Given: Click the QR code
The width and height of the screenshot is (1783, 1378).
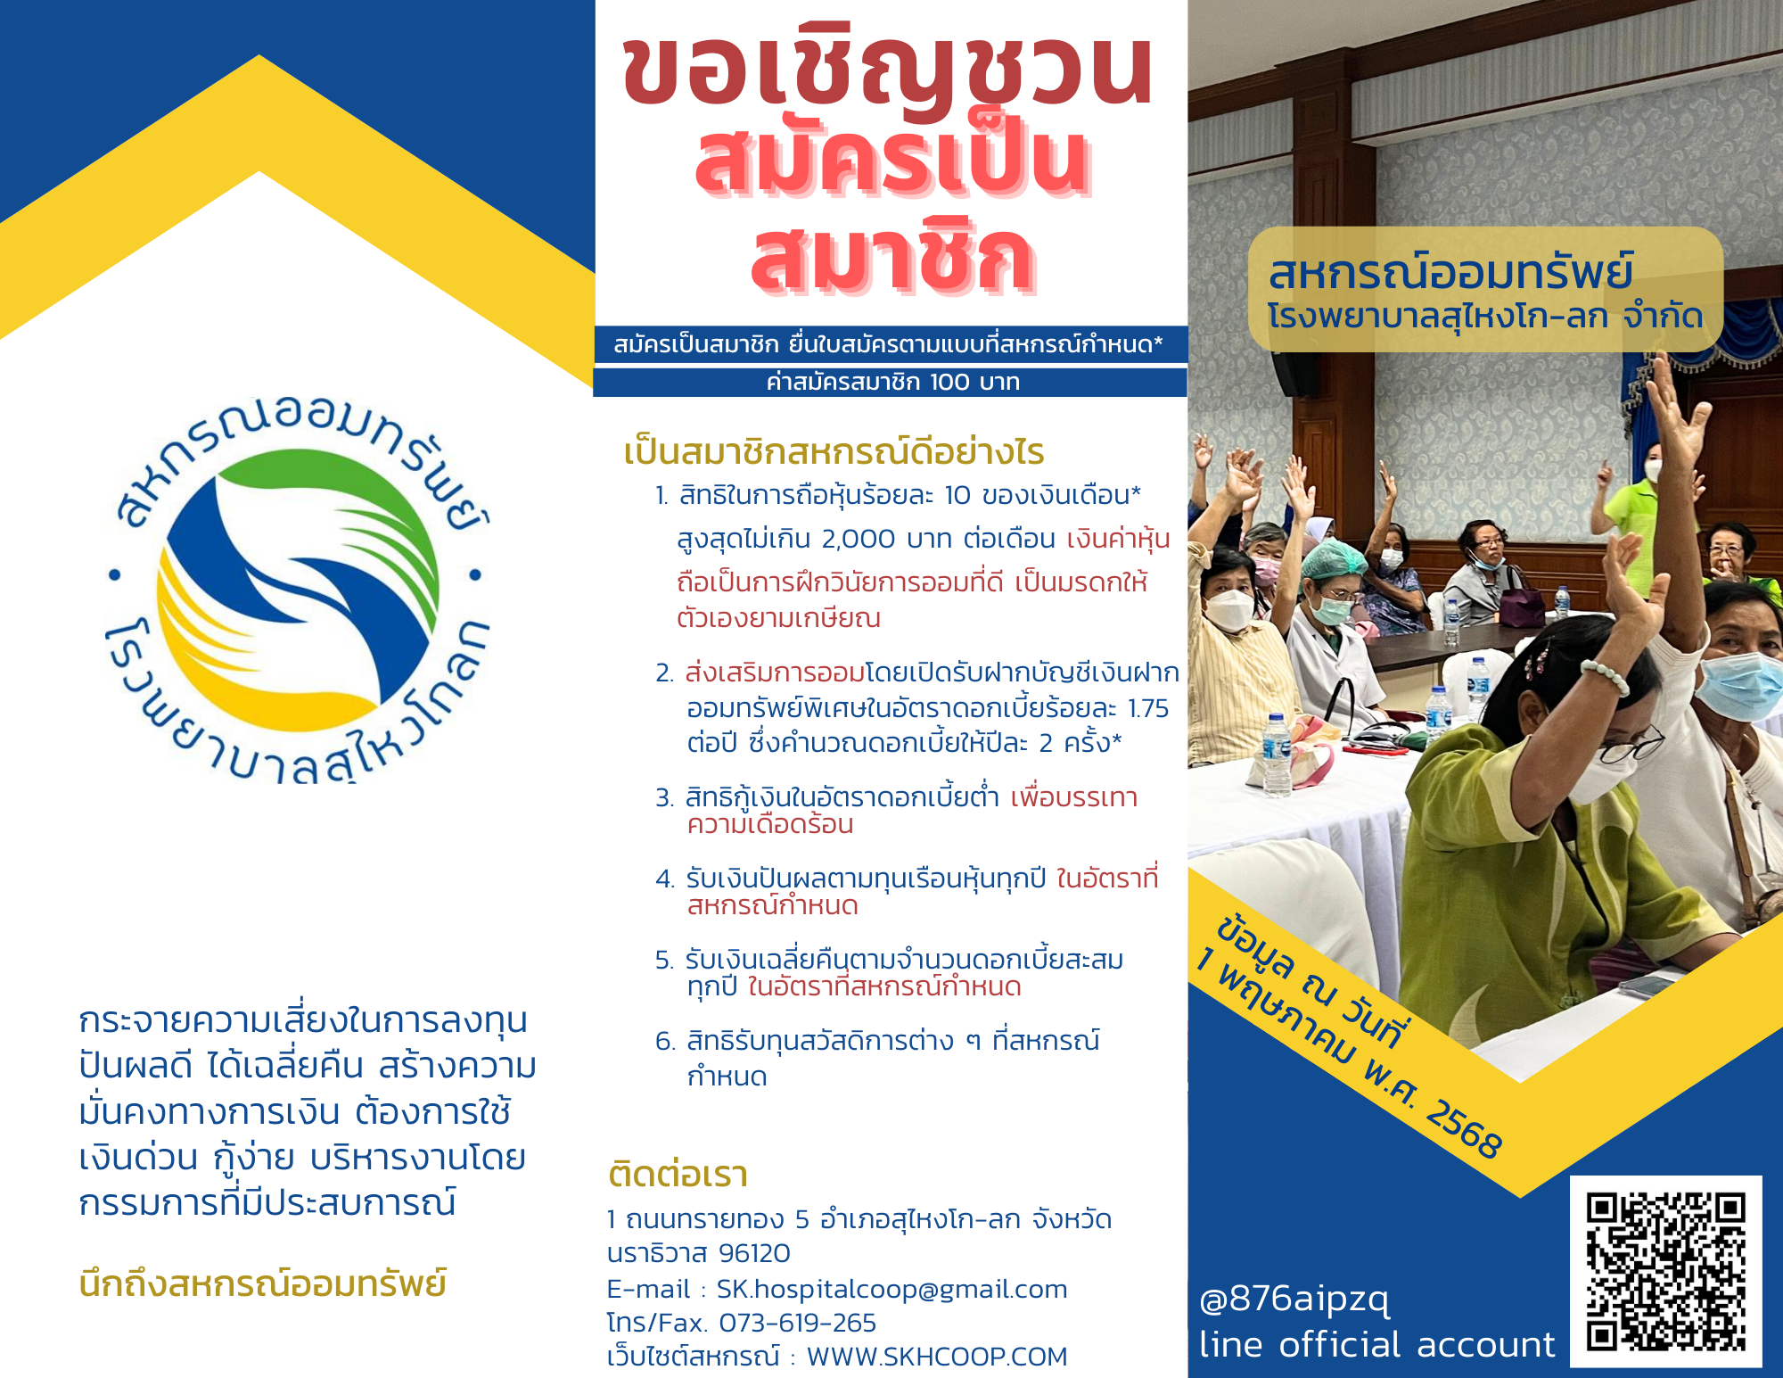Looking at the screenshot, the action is point(1665,1272).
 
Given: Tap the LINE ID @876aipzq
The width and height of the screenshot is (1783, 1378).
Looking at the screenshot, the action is point(1294,1300).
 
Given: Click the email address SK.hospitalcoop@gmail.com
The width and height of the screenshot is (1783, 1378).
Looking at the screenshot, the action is point(891,1289).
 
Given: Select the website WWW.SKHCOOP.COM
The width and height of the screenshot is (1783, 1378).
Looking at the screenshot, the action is point(937,1357).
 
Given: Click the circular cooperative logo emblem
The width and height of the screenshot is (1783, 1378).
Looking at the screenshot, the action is point(298,590).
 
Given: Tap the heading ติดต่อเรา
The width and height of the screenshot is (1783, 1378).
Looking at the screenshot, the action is point(678,1175).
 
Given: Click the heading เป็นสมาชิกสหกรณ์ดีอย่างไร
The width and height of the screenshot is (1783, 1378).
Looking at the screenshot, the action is point(834,452).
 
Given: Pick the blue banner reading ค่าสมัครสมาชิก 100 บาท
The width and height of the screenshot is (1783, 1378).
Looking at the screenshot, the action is point(891,383).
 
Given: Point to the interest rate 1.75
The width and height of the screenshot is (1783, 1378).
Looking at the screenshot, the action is point(1148,708).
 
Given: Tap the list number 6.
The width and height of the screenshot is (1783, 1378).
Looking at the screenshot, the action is point(664,1041).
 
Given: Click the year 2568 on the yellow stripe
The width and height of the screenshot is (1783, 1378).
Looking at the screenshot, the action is point(1464,1129).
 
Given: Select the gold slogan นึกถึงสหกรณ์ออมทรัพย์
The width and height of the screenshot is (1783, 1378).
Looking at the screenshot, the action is point(263,1283).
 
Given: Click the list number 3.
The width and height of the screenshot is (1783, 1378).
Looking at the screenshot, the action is point(664,797).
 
